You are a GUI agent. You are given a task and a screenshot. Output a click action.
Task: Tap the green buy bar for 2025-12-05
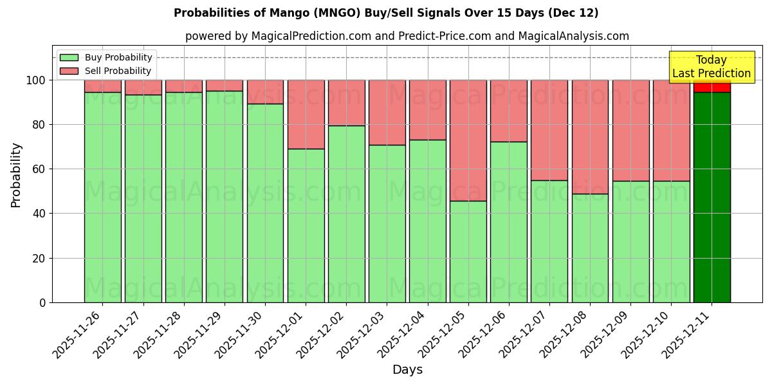(468, 252)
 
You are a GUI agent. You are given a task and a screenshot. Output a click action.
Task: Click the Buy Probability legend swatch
(69, 57)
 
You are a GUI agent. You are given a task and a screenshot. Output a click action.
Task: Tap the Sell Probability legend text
(118, 71)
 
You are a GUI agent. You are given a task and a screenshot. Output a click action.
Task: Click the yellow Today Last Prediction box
(711, 67)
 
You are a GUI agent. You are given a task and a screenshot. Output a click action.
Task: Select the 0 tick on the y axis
(42, 302)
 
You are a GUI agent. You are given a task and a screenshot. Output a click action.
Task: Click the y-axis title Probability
(16, 175)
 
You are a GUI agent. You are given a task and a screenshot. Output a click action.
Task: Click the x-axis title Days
(407, 370)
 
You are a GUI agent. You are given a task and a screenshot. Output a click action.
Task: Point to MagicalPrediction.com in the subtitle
(310, 36)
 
